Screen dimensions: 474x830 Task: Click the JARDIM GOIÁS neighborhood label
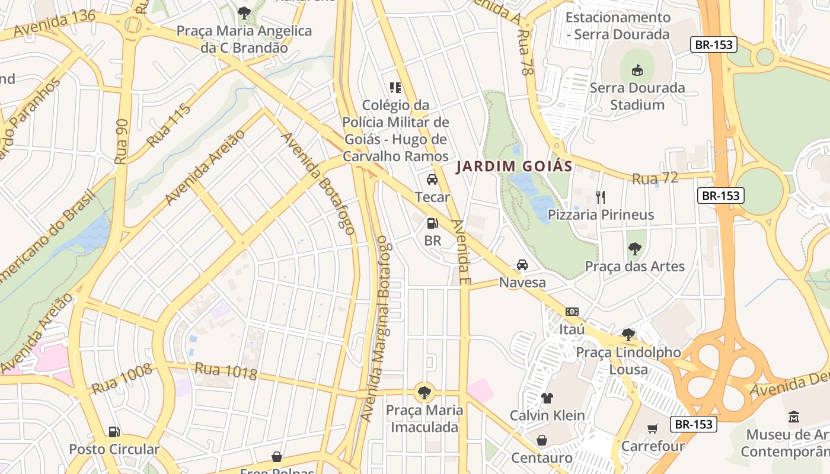click(x=514, y=166)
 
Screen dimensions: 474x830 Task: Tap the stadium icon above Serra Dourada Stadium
click(x=637, y=70)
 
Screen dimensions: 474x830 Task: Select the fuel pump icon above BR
click(x=433, y=223)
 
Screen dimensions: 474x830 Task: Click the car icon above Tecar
click(x=432, y=179)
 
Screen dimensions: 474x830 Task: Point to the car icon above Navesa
click(x=522, y=264)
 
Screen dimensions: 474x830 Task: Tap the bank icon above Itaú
click(x=572, y=311)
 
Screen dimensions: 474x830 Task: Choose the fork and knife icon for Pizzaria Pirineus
click(x=601, y=197)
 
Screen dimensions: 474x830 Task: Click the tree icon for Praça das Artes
click(x=635, y=248)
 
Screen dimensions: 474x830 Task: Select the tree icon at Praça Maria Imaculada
click(x=424, y=392)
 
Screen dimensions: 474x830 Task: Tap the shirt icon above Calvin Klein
click(x=547, y=398)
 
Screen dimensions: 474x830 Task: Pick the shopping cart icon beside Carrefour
click(x=653, y=428)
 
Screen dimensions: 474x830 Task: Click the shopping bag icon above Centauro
click(x=542, y=440)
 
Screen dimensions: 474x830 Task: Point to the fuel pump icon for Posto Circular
click(x=114, y=431)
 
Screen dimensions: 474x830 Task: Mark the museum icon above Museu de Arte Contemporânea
click(x=794, y=417)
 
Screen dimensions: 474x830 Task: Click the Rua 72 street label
click(x=655, y=178)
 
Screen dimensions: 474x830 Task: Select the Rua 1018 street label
click(x=225, y=371)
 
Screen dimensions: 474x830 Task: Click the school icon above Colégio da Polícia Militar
click(x=395, y=88)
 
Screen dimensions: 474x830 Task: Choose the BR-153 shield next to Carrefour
click(x=694, y=424)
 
